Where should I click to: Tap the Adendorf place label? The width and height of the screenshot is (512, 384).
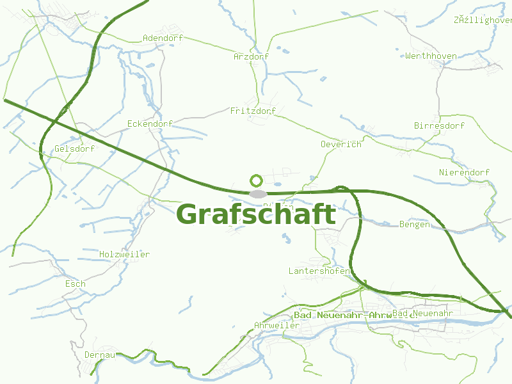[x=163, y=38]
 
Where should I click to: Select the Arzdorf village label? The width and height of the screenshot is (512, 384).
[x=251, y=57]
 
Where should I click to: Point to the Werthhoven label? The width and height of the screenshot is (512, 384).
[x=431, y=56]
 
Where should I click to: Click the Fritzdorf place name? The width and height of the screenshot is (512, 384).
[x=253, y=111]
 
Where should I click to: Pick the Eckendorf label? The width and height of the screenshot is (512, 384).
[x=150, y=124]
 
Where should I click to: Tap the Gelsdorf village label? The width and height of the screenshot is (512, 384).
[x=74, y=149]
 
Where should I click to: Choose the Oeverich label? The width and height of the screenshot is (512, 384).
[x=340, y=145]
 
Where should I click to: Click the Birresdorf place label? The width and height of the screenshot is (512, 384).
[x=439, y=126]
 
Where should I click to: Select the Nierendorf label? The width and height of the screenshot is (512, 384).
[x=464, y=173]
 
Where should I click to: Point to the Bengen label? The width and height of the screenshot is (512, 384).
[x=414, y=225]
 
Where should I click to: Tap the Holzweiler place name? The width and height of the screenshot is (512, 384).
[x=124, y=255]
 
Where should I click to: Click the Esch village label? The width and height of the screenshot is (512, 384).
[x=75, y=284]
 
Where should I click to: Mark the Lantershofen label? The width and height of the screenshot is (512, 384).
[x=319, y=271]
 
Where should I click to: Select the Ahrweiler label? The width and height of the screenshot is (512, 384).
[x=276, y=326]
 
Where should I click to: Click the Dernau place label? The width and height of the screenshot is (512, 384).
[x=99, y=355]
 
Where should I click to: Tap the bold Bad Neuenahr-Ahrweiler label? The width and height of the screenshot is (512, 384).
[x=342, y=316]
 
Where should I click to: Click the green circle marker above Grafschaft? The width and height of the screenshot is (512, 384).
[x=256, y=180]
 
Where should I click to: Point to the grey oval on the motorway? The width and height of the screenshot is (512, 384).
[x=257, y=194]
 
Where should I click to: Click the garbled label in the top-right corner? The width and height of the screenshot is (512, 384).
[x=483, y=20]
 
